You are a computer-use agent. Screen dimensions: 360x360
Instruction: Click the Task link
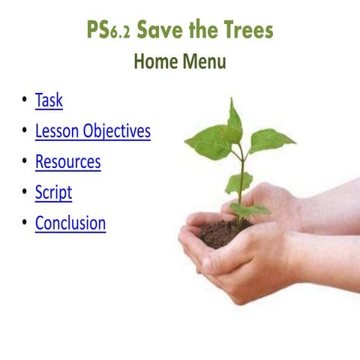click(x=49, y=100)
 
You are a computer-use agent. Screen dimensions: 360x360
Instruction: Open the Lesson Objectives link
click(x=92, y=131)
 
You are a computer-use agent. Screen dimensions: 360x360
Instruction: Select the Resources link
click(x=67, y=161)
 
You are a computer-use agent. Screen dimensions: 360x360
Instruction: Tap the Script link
click(x=53, y=192)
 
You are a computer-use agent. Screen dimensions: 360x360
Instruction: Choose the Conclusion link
click(x=70, y=223)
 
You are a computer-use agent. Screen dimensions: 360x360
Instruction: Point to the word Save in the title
click(x=160, y=31)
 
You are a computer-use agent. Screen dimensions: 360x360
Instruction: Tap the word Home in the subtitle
click(x=156, y=62)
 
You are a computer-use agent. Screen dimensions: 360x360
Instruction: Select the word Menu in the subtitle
click(x=204, y=62)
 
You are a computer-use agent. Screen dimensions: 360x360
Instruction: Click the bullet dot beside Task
click(x=24, y=100)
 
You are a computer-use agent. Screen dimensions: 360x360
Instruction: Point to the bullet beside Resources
click(x=24, y=161)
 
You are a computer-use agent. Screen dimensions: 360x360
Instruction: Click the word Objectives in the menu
click(x=116, y=132)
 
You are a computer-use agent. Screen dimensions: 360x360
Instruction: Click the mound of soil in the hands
click(x=225, y=232)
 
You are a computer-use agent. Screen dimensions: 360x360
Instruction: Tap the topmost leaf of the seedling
click(x=235, y=120)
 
